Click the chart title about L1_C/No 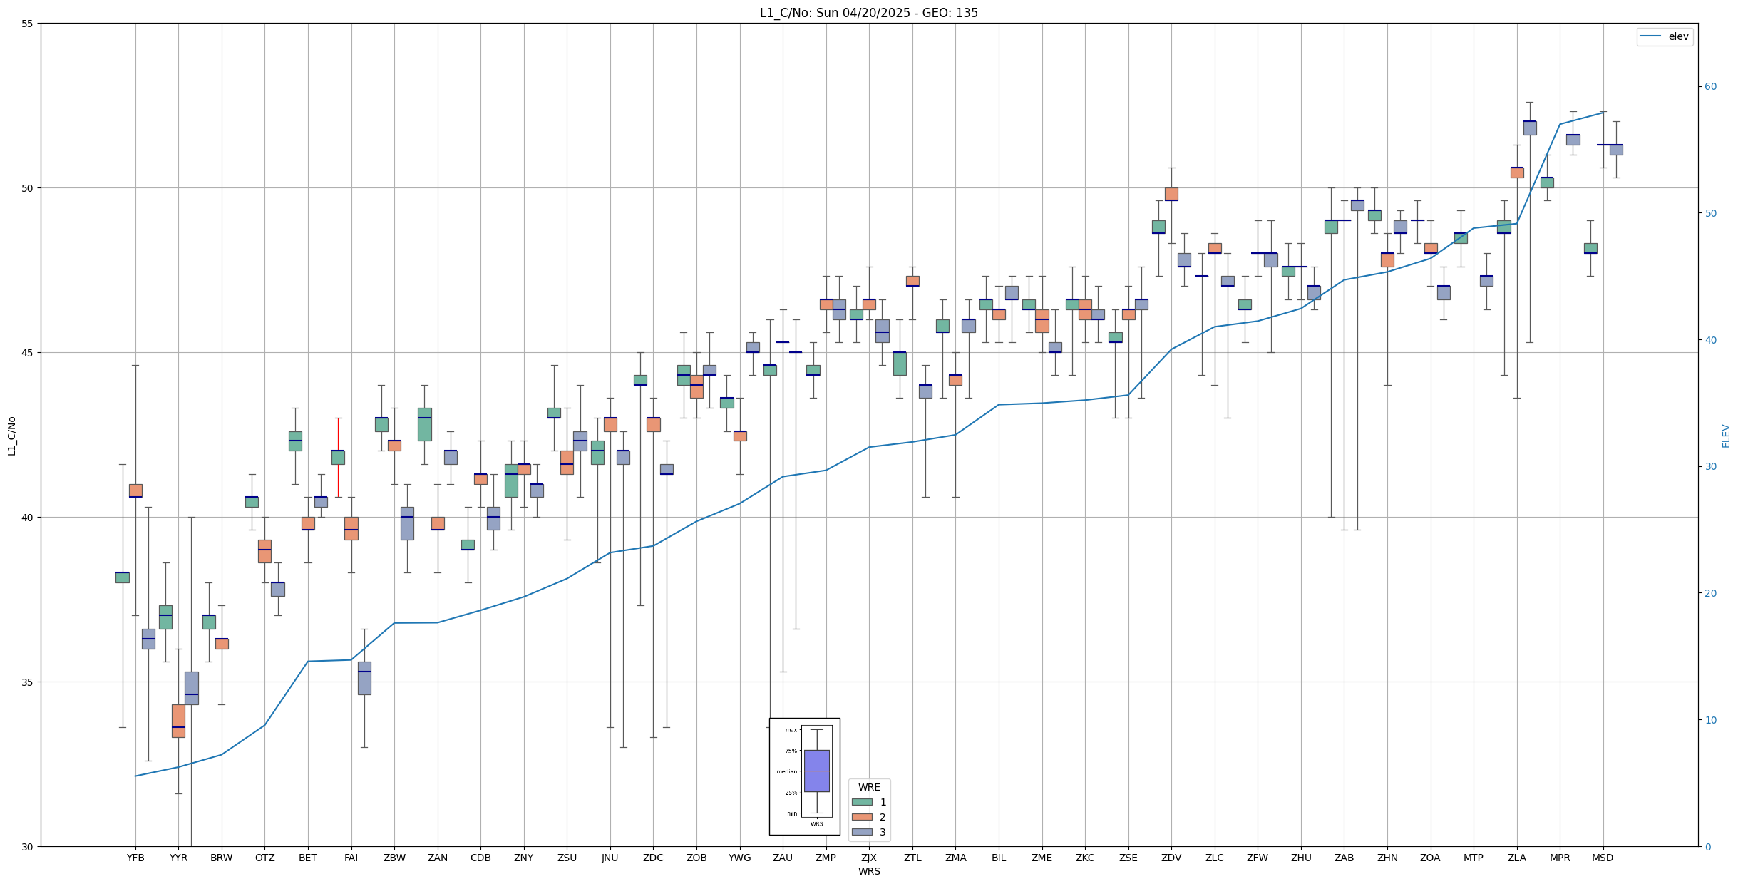(x=868, y=13)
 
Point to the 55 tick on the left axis (x=28, y=24)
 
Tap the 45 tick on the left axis (x=28, y=353)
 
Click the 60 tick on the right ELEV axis (x=1710, y=87)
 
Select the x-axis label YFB (x=135, y=858)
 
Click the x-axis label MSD (x=1603, y=858)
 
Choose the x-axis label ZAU (x=783, y=858)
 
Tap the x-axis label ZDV (x=1171, y=858)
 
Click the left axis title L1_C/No (x=11, y=436)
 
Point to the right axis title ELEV (x=1726, y=436)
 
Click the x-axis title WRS (x=868, y=871)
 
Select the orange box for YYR (x=178, y=721)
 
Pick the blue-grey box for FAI (x=364, y=678)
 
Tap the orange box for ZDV (x=1171, y=194)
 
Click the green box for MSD (x=1590, y=248)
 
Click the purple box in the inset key (x=816, y=771)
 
